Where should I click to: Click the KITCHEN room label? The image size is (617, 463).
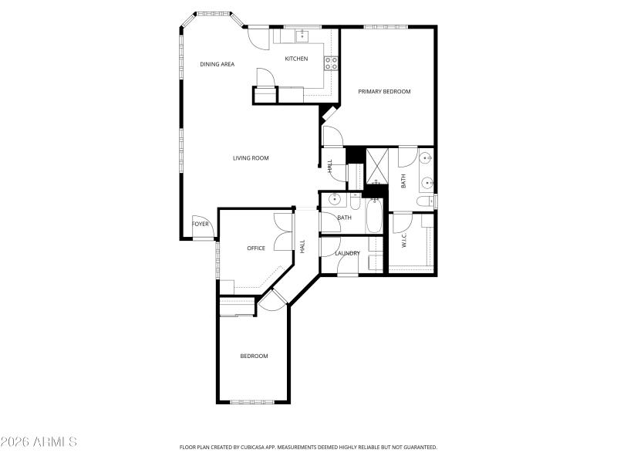tap(296, 59)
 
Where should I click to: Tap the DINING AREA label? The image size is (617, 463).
tap(217, 64)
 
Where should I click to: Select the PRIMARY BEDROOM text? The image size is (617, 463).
tap(384, 91)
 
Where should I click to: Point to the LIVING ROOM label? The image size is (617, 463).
tap(251, 158)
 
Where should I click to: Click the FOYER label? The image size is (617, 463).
tap(201, 224)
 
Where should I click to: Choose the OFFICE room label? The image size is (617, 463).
tap(256, 248)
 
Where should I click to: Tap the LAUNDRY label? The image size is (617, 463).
tap(347, 253)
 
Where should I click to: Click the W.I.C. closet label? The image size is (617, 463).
tap(404, 241)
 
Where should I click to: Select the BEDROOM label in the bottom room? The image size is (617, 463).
tap(254, 356)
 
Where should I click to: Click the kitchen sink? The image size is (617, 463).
tap(303, 35)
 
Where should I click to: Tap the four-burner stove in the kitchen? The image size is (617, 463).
tap(331, 63)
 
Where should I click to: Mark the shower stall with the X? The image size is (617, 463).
tap(377, 164)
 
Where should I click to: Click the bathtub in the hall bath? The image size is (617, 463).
tap(373, 217)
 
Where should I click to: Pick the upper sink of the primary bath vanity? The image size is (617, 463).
tap(427, 160)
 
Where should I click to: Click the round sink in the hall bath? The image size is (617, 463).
tap(334, 200)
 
